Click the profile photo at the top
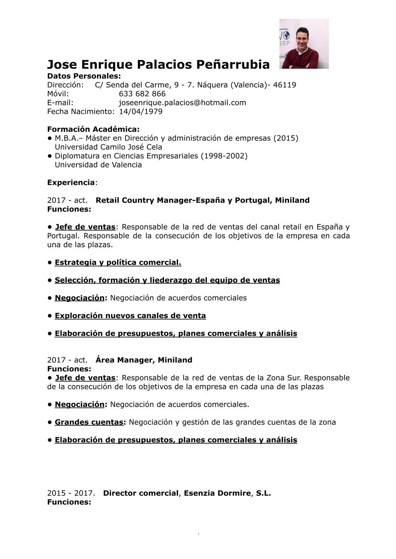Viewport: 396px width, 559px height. click(x=304, y=43)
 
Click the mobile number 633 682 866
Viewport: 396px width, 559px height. click(x=142, y=94)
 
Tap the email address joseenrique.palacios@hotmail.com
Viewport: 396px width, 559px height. click(x=182, y=103)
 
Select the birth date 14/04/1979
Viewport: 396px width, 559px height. click(x=141, y=112)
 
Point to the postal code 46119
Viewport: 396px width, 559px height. click(x=284, y=85)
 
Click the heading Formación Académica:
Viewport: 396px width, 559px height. click(x=93, y=129)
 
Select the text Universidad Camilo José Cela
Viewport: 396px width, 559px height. click(x=108, y=147)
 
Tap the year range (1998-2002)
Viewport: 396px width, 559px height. click(x=224, y=156)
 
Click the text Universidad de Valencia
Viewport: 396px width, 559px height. click(x=98, y=165)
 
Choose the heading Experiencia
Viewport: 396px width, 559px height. click(x=71, y=183)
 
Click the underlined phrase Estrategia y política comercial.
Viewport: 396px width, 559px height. click(x=118, y=263)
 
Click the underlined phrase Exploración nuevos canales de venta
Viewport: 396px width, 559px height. click(x=130, y=316)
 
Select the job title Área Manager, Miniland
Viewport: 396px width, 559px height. click(x=144, y=360)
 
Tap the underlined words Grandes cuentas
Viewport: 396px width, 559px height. click(x=89, y=422)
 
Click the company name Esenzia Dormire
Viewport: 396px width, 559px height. click(x=217, y=493)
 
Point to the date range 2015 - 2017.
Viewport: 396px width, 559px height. click(x=71, y=493)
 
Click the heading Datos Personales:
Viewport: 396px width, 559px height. click(x=84, y=76)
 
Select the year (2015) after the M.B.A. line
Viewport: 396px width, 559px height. click(x=286, y=138)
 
